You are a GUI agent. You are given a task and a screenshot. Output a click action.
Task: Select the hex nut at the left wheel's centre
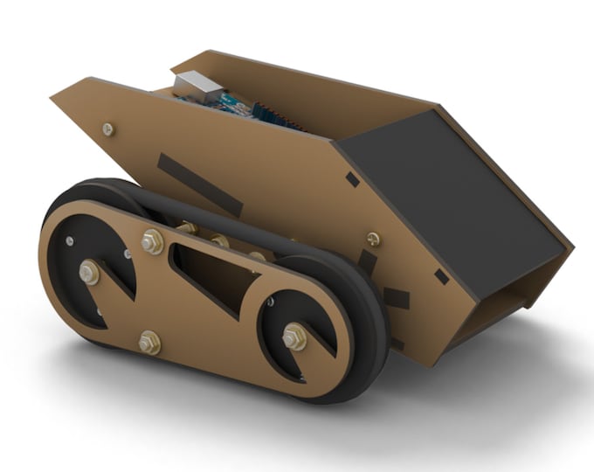tap(88, 273)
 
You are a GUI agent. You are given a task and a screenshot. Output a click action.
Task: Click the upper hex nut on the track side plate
tap(152, 240)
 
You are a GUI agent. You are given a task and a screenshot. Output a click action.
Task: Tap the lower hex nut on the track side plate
tap(148, 342)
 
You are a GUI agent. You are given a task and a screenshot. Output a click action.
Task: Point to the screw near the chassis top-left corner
tap(107, 129)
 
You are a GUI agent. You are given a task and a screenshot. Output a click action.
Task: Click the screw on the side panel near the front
tap(373, 238)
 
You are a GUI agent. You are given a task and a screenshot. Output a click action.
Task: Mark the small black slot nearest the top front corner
tap(352, 179)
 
